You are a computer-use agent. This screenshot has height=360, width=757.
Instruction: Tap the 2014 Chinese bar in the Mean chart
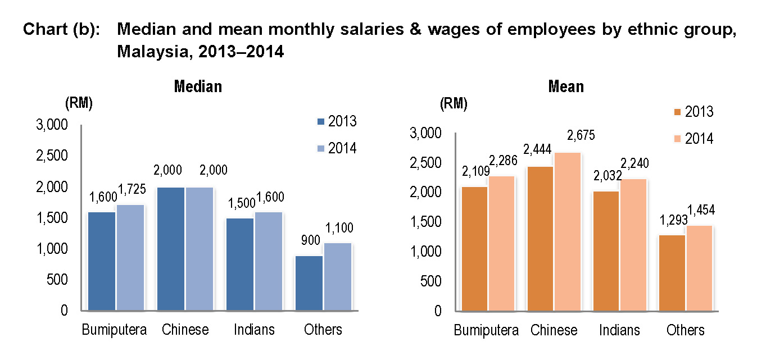point(568,231)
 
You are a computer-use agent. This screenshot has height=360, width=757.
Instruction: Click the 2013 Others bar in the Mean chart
point(672,272)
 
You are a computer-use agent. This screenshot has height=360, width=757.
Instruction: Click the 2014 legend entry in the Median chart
point(337,148)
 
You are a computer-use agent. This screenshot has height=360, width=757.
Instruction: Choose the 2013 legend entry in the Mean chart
point(693,112)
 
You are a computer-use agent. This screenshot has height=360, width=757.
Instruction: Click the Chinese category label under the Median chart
point(185,330)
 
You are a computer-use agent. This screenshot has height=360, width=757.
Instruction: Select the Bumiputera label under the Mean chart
point(486,330)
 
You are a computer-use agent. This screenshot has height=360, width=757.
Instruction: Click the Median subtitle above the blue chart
point(198,86)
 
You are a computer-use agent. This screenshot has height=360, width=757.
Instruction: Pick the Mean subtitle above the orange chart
point(566,86)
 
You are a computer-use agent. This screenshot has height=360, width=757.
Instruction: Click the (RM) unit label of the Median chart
point(79,103)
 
